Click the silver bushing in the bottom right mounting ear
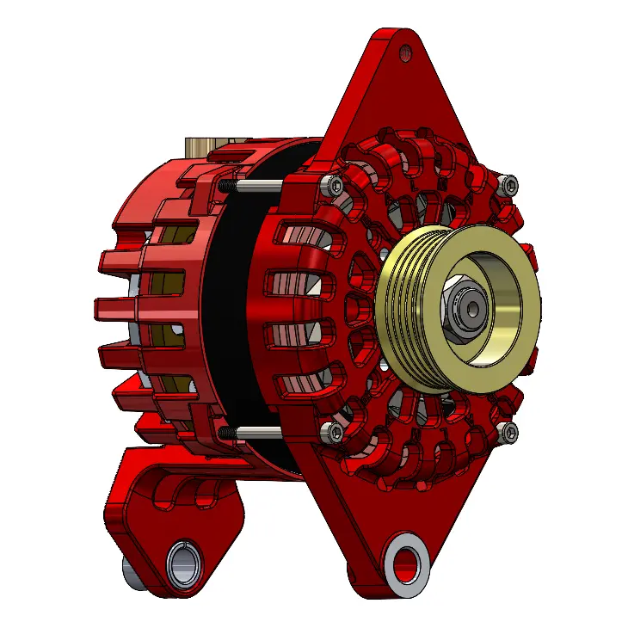(x=403, y=563)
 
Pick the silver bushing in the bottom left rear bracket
(x=182, y=565)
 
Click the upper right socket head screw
(x=509, y=183)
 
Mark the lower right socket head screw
(x=509, y=430)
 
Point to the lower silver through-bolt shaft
(x=258, y=431)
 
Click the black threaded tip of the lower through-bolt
(x=225, y=431)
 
